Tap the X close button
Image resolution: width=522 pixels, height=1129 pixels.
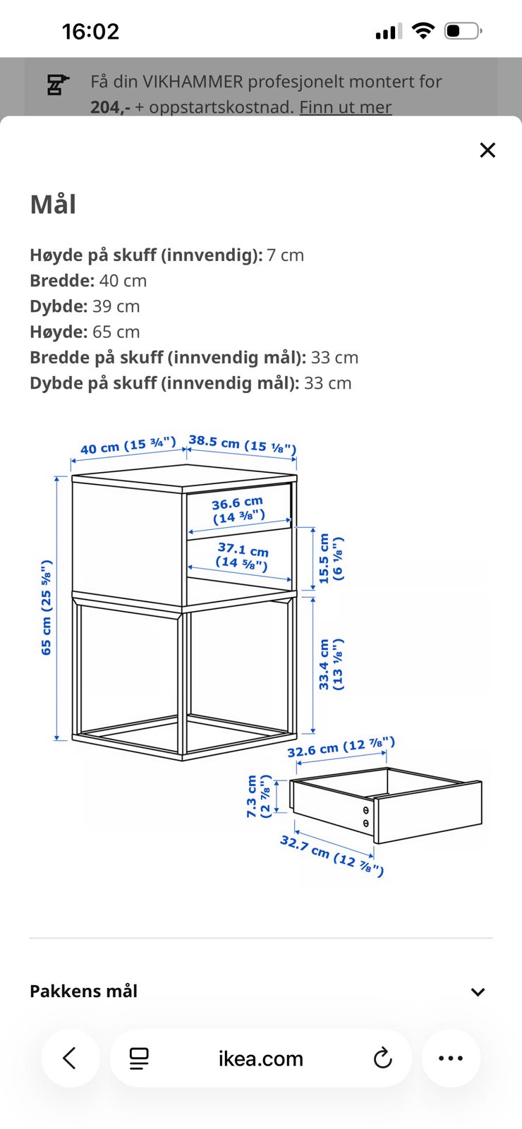pos(487,150)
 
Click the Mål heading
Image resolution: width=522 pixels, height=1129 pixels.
pos(53,204)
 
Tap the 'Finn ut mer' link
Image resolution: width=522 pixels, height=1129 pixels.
pos(346,107)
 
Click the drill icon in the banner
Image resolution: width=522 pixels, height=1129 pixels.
pos(58,85)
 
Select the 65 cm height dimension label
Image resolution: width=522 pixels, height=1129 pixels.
pos(46,608)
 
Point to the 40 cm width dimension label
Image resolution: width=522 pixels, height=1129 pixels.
pos(128,445)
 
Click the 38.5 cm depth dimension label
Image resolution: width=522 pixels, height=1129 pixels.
pos(243,444)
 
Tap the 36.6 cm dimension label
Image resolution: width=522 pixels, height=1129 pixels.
pos(238,509)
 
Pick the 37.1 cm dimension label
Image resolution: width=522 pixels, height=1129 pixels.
pos(242,556)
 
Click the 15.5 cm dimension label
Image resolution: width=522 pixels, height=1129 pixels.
pos(331,558)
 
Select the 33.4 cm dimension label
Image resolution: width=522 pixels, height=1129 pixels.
pos(331,664)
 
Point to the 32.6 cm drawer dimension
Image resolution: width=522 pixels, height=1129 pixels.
pos(341,747)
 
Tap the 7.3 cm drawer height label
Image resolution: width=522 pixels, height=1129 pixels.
pos(258,796)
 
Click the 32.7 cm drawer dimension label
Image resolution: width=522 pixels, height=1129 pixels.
pos(332,856)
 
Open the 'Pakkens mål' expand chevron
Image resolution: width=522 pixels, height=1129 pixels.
pos(478,992)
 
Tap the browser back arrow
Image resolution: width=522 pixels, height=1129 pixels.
pos(70,1058)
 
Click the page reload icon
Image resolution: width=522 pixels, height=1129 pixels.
pos(383,1058)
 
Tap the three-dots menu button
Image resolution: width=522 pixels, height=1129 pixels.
pos(451,1058)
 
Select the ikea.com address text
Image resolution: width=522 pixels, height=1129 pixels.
pos(260,1058)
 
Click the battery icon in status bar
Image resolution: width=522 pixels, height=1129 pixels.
pos(463,31)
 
